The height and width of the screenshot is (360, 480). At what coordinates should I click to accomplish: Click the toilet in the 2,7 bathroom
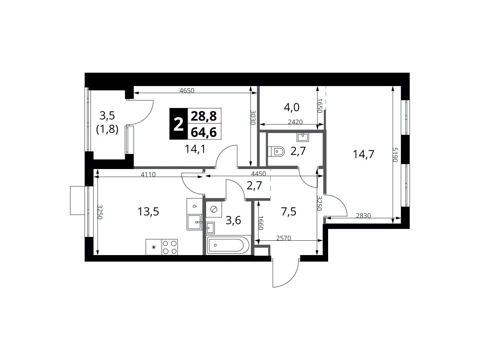coord(276,151)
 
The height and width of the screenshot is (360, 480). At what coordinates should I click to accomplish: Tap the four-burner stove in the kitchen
coord(169,247)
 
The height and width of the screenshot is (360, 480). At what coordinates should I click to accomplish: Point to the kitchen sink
coord(194,222)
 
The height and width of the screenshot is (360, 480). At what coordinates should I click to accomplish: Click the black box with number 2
coord(178,124)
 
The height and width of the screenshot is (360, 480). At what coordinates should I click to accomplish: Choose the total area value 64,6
coord(204,132)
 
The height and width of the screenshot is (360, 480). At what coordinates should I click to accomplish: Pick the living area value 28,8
coord(204,116)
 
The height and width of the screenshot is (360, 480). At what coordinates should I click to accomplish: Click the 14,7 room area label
coord(363,154)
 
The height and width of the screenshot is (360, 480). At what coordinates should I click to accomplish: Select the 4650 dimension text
coord(187,91)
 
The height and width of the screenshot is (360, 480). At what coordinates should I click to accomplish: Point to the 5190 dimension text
coord(395,155)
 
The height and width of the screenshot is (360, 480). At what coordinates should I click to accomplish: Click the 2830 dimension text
coord(363,216)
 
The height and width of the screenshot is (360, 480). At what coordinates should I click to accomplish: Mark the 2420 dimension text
coord(295,122)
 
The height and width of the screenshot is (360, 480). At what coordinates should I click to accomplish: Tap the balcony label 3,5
coord(107,116)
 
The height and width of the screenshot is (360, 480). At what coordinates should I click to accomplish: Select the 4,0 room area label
coord(291,108)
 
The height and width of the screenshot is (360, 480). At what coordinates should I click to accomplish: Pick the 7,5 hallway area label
coord(289,212)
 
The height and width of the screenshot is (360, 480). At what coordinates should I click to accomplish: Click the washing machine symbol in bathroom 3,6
coord(214,209)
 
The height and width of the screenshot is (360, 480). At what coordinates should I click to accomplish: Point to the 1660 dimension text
coord(261,223)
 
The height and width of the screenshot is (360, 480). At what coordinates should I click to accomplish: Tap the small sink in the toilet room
coord(303,137)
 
